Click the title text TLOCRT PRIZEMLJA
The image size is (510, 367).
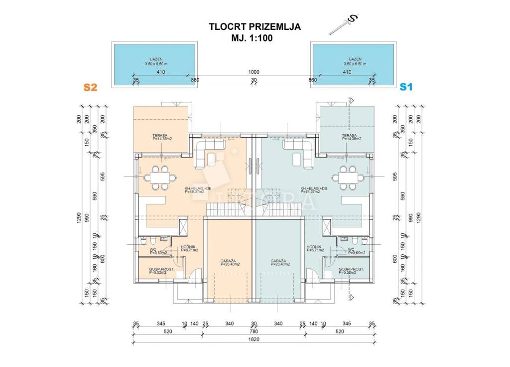tap(255, 27)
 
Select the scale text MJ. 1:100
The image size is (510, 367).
tap(255, 37)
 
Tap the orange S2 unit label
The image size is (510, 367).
tap(90, 87)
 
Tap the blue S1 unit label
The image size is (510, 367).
tap(406, 87)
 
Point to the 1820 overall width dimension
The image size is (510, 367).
tap(254, 339)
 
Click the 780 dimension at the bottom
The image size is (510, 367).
tap(254, 331)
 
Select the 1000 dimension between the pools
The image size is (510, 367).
tap(254, 72)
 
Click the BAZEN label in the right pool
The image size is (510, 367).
tap(355, 59)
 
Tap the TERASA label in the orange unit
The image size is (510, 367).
tap(159, 136)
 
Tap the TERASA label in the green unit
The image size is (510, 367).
tap(350, 136)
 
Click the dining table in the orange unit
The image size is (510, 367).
tap(160, 178)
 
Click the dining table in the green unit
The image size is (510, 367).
tap(349, 178)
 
